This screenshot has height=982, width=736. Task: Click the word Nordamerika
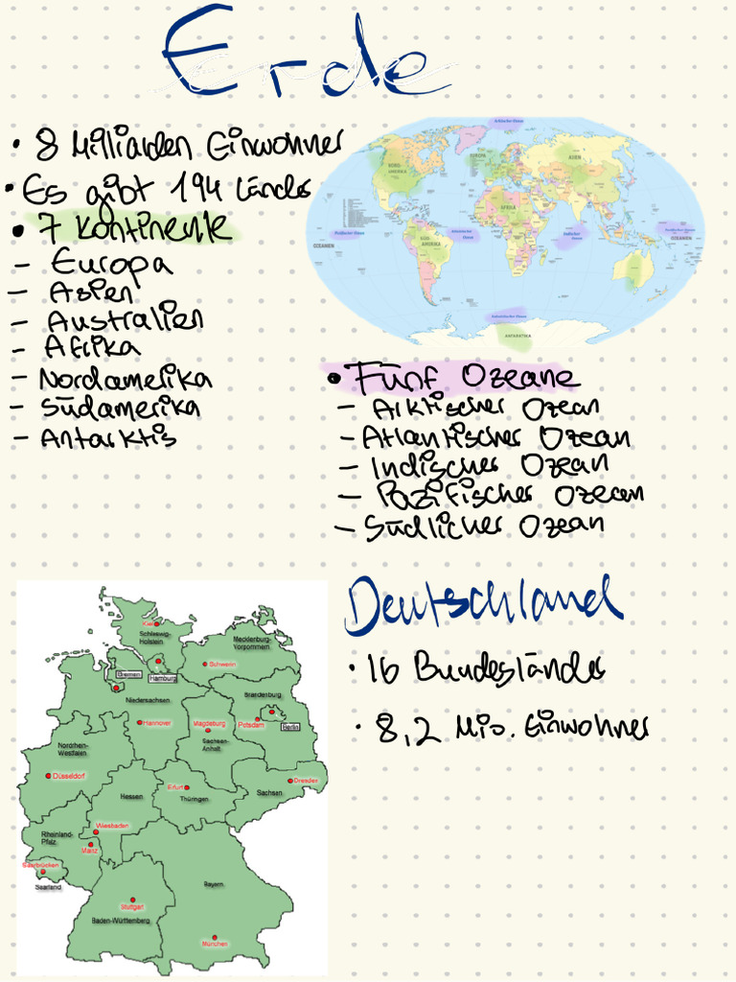tap(125, 378)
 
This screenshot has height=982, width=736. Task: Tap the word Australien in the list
tap(125, 318)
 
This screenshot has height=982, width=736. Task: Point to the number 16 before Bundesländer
tap(384, 670)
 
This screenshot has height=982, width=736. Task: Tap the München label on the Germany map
tap(215, 944)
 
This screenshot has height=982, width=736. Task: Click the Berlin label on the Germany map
tap(290, 727)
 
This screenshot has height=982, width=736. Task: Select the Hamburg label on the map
tap(164, 678)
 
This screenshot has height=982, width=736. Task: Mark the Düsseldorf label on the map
tap(69, 775)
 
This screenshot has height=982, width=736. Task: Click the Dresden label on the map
tap(306, 781)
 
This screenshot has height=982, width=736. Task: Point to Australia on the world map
tap(632, 268)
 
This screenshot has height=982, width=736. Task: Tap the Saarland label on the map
tap(48, 887)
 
